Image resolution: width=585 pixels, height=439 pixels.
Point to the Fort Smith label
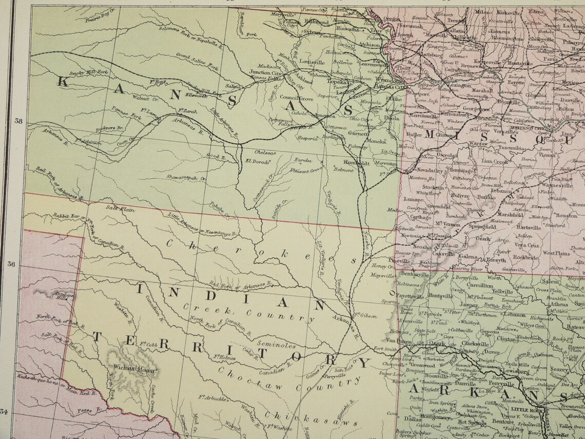pyautogui.click(x=385, y=349)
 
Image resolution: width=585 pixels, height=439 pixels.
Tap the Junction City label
pyautogui.click(x=265, y=73)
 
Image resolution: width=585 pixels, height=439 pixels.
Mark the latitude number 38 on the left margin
pyautogui.click(x=19, y=122)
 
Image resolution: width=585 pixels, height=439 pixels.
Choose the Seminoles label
pyautogui.click(x=276, y=345)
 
